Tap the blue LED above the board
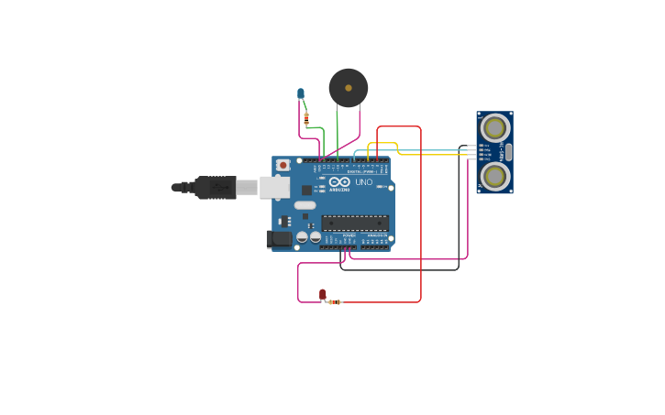(300, 93)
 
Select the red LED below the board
(322, 294)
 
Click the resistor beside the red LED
(335, 301)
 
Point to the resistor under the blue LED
(306, 118)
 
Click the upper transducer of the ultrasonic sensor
(494, 127)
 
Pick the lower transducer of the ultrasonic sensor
(494, 176)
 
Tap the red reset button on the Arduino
(283, 165)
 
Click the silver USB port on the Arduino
(274, 188)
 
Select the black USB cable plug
(216, 188)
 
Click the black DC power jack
(279, 239)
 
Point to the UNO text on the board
(364, 182)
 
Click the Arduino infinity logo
(339, 182)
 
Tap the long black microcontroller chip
(354, 223)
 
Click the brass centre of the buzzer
(349, 88)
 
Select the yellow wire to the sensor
(431, 155)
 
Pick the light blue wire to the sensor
(431, 149)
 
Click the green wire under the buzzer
(338, 133)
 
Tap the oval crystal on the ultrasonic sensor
(509, 152)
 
